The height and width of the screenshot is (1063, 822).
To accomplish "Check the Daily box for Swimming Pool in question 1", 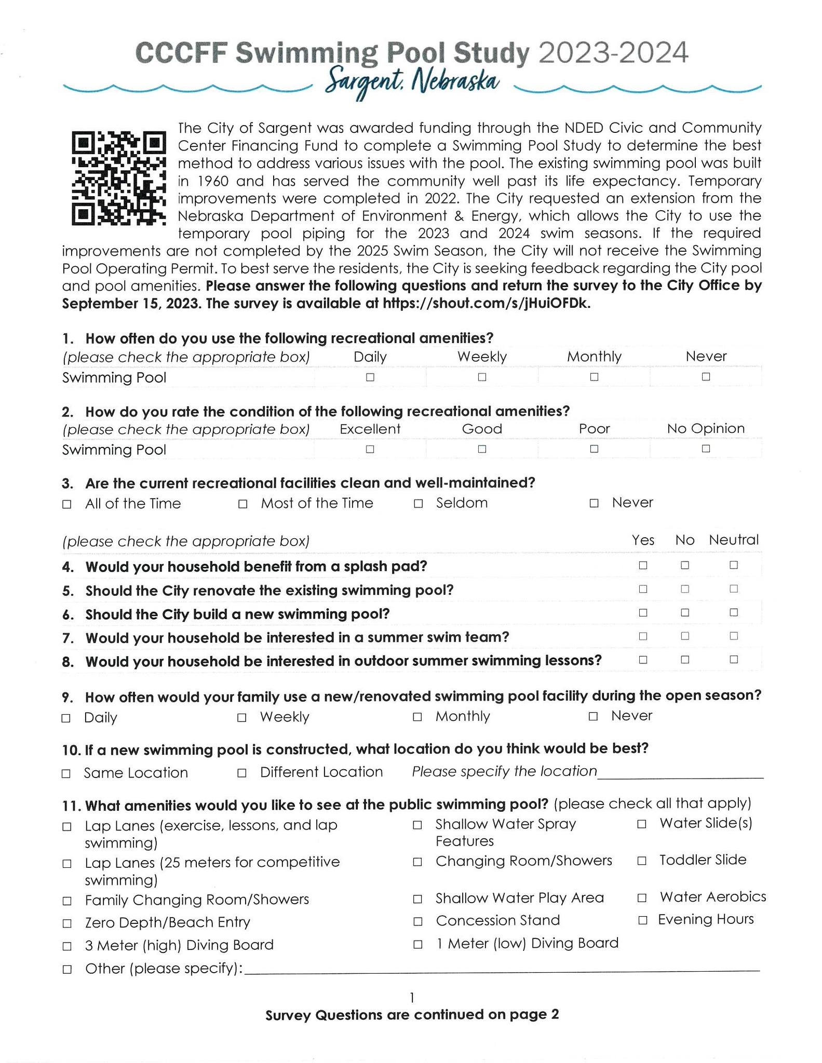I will click(370, 377).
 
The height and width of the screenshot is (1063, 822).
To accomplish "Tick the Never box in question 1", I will click(706, 377).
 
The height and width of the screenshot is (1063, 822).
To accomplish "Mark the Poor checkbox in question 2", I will click(594, 449).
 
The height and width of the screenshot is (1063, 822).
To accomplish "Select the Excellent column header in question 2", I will click(370, 429).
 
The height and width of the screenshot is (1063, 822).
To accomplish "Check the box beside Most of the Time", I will click(242, 504).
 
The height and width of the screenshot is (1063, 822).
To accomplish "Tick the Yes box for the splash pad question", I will click(643, 565).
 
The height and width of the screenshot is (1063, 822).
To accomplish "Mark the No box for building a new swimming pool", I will click(685, 612).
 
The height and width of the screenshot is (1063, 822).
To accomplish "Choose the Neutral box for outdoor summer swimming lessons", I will click(733, 660).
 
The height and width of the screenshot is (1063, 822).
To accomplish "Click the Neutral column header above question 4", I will click(734, 540).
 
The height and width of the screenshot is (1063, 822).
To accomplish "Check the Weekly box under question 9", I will click(241, 718).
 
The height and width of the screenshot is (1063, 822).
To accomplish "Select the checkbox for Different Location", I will click(241, 773).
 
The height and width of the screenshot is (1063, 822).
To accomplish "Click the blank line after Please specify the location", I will click(680, 773).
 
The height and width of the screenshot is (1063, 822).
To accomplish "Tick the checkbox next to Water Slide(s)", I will click(642, 824).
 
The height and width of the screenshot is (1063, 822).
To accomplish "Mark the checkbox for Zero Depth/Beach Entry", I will click(66, 923).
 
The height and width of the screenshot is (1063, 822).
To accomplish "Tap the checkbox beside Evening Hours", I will click(642, 920).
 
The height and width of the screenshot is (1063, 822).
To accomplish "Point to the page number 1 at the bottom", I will click(412, 997).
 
